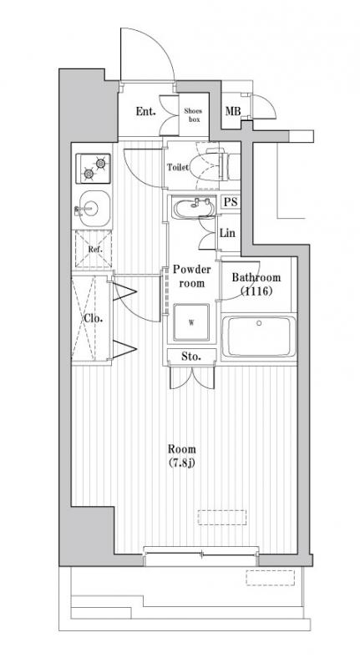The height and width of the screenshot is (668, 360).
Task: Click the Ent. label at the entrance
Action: (145, 112)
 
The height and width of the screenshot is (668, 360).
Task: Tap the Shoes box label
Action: (193, 115)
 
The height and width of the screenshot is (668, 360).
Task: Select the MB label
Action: (232, 112)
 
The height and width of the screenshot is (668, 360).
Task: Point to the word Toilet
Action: (178, 168)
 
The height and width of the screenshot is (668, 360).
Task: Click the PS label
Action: (231, 202)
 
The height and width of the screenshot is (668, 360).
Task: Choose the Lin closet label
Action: (227, 233)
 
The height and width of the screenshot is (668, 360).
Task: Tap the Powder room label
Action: (192, 276)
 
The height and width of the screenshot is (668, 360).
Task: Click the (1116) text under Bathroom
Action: (256, 291)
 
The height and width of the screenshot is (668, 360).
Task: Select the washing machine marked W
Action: (191, 322)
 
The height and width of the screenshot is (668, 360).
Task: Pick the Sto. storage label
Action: (191, 357)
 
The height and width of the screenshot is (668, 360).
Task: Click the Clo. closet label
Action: (93, 318)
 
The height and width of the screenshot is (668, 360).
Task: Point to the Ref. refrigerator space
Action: (94, 249)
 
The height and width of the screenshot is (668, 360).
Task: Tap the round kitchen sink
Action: (92, 208)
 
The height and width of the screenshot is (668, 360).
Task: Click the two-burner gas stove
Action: (94, 169)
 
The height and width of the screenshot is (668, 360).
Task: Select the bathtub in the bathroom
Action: (259, 337)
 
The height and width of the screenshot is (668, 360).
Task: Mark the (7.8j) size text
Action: (182, 463)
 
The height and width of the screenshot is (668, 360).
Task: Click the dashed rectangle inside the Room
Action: (222, 517)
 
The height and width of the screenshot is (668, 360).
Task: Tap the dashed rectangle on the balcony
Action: (270, 578)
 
